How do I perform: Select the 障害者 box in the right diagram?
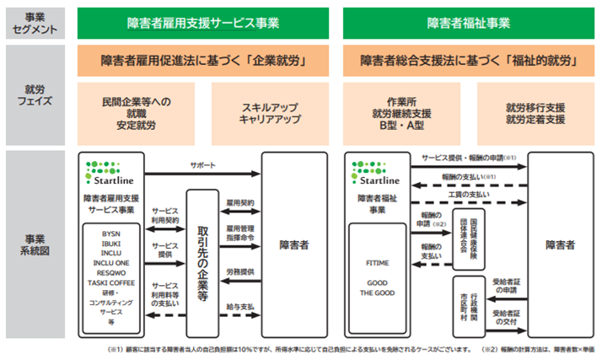click(560, 244)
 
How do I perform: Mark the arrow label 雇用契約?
click(240, 203)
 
